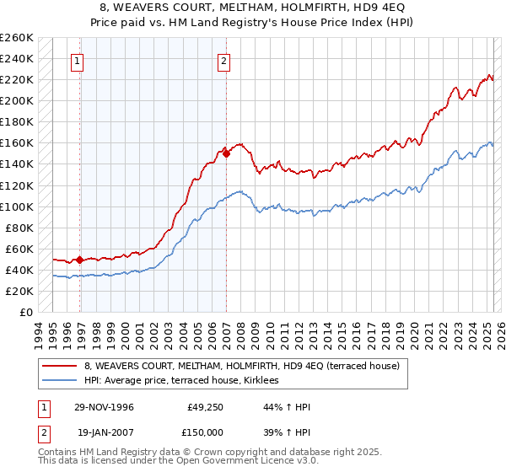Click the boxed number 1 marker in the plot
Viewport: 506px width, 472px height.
(x=78, y=60)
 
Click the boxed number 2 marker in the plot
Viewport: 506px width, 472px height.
(x=224, y=60)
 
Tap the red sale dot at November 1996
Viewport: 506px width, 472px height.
(x=80, y=260)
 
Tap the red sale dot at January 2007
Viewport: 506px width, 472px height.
(x=227, y=153)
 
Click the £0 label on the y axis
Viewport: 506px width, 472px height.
(x=25, y=313)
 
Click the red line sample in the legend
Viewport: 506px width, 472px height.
(x=59, y=365)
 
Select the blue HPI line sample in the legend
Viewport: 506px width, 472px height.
(x=59, y=380)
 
